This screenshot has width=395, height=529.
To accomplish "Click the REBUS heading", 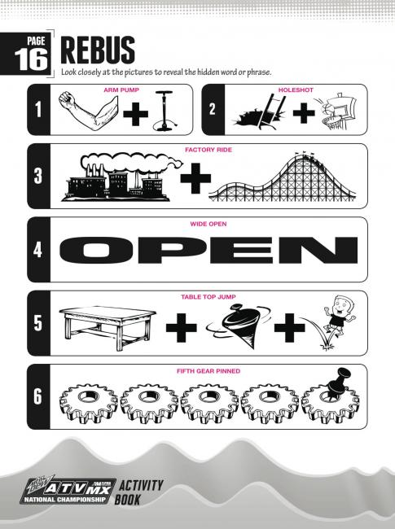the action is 98,50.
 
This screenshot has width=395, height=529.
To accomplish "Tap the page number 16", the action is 31,59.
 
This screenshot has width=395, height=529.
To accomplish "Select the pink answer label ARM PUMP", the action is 121,90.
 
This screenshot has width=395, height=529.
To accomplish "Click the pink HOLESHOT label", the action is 296,90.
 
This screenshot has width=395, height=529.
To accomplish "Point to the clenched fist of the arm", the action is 68,98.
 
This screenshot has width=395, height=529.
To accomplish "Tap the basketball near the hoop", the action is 327,110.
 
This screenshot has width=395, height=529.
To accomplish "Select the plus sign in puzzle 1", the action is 136,114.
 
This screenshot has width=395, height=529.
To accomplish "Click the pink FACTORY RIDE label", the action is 208,150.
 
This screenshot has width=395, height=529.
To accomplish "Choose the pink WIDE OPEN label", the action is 208,224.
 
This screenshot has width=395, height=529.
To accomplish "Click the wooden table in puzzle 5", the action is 108,327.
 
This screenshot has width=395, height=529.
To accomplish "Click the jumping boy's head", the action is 341,306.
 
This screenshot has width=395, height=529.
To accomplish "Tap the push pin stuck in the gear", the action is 338,382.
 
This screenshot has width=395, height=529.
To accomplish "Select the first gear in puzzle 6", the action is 89,403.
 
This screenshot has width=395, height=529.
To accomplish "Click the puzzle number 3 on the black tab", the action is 38,176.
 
